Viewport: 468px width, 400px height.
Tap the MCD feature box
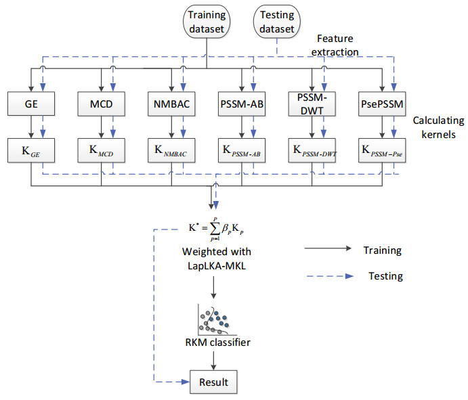(102, 105)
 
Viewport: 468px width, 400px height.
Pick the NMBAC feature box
(172, 105)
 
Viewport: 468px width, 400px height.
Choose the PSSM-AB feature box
(242, 105)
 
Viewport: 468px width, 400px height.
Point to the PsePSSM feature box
(382, 105)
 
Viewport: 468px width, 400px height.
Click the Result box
(213, 382)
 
